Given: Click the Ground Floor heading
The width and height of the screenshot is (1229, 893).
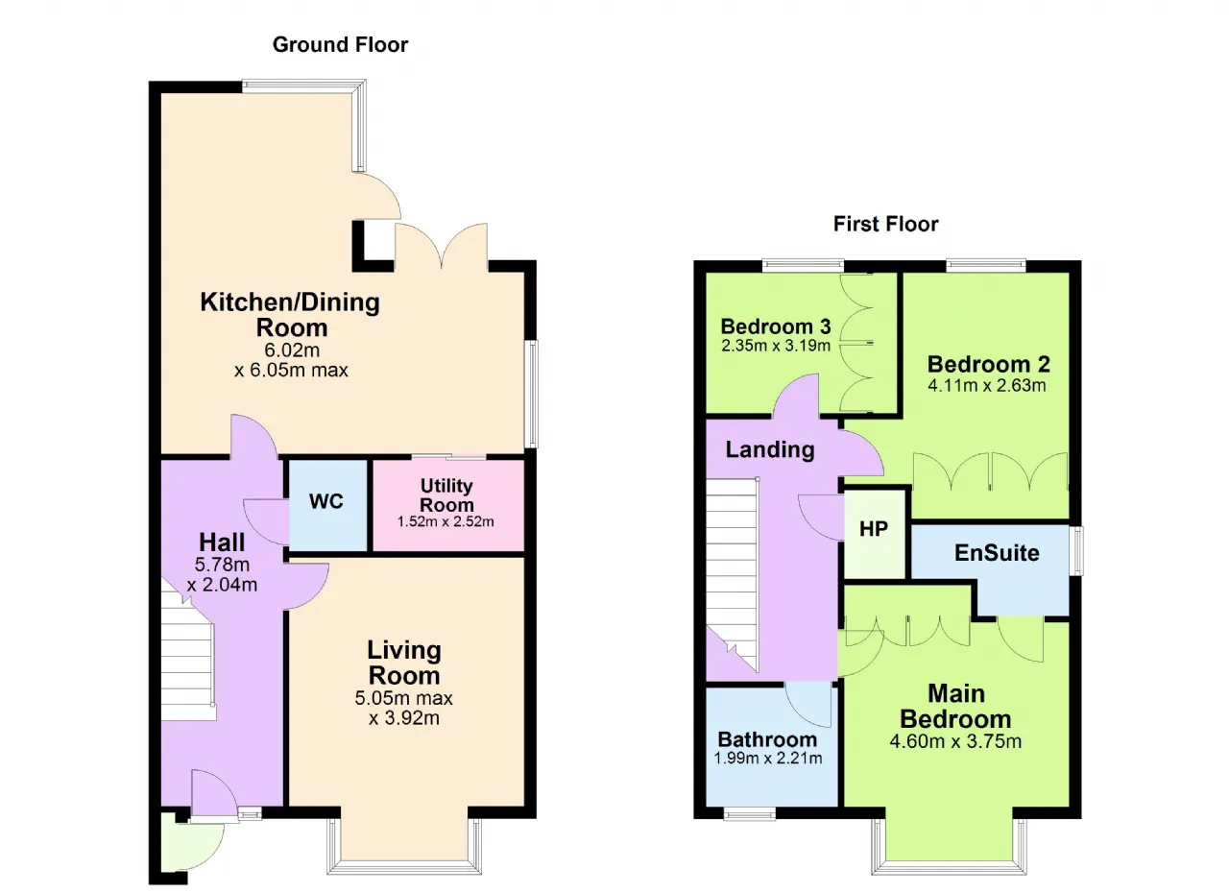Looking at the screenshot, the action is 340,44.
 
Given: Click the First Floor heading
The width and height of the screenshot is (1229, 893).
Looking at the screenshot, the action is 885,224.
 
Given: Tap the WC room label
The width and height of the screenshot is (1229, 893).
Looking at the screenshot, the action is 325,501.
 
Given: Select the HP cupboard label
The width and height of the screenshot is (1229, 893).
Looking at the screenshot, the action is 874,529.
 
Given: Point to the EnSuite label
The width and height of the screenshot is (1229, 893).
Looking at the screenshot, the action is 997,552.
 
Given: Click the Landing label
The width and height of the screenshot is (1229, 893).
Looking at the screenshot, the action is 770,449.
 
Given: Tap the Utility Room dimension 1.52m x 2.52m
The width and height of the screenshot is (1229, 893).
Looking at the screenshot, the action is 446,521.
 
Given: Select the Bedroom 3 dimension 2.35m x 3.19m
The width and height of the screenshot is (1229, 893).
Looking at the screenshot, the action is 776,346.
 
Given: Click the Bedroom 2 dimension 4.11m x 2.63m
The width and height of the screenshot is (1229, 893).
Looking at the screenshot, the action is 986,385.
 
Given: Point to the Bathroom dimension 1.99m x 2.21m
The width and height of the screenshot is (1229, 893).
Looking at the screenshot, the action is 767,758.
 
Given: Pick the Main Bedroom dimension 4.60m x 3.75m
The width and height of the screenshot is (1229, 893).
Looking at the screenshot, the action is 955,741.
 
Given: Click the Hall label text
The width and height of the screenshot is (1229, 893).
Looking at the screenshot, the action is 222,542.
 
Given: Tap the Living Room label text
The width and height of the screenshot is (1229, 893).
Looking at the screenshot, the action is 404,663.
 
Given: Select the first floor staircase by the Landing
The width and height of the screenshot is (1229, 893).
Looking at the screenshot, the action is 732,574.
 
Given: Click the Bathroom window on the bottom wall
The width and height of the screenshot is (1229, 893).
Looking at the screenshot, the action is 750,813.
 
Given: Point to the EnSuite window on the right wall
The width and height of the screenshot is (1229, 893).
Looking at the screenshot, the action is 1076,551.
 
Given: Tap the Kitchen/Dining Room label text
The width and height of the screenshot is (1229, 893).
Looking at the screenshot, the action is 290,315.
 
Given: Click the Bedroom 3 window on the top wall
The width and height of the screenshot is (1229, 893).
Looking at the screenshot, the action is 803,266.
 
